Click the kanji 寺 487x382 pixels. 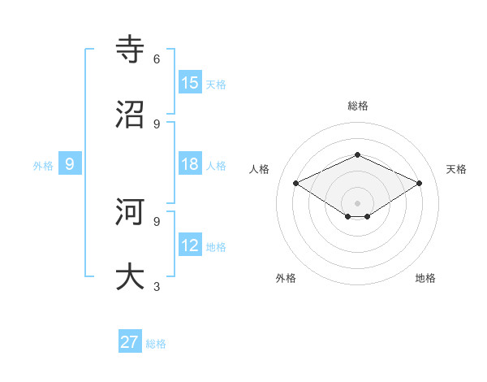click(x=131, y=49)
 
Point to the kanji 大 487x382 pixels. click(x=131, y=276)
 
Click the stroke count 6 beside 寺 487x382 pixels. click(x=157, y=59)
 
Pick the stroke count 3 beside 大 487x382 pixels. click(x=157, y=286)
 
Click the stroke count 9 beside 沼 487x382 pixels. click(x=157, y=124)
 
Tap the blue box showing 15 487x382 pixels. click(x=190, y=83)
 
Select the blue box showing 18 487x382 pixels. click(x=190, y=164)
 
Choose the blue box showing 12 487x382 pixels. click(x=190, y=245)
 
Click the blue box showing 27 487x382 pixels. click(x=130, y=342)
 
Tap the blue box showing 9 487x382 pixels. click(x=70, y=164)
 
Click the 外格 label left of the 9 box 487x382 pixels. click(x=43, y=165)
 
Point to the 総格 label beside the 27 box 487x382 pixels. click(x=156, y=344)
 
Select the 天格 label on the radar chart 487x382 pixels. click(x=457, y=169)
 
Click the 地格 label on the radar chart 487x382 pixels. click(x=425, y=278)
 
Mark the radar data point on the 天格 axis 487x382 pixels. click(x=420, y=184)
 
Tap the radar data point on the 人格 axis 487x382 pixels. click(x=296, y=184)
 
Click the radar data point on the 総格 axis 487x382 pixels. click(x=357, y=154)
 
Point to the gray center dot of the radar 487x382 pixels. click(x=357, y=203)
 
